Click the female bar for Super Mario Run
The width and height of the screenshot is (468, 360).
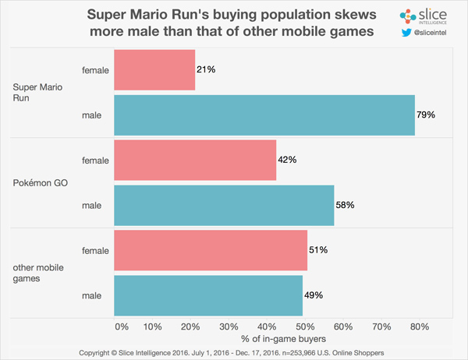[154, 69]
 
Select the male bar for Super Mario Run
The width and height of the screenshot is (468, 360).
[264, 115]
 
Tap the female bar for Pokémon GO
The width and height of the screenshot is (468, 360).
[195, 160]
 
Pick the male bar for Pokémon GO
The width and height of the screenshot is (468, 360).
[224, 205]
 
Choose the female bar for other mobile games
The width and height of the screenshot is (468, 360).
[211, 250]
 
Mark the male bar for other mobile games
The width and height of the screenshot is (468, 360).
[208, 295]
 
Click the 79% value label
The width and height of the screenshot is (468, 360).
[425, 115]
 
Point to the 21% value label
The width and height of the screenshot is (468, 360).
[206, 70]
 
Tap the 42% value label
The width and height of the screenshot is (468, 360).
[287, 160]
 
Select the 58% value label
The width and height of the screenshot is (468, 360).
[345, 205]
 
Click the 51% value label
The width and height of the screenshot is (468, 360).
[317, 250]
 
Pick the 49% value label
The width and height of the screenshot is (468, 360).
[313, 295]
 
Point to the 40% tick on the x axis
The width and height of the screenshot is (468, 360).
[267, 325]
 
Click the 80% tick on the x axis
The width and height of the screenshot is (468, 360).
[419, 325]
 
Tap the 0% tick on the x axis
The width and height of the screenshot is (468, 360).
[122, 325]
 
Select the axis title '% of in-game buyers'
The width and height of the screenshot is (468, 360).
[267, 339]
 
